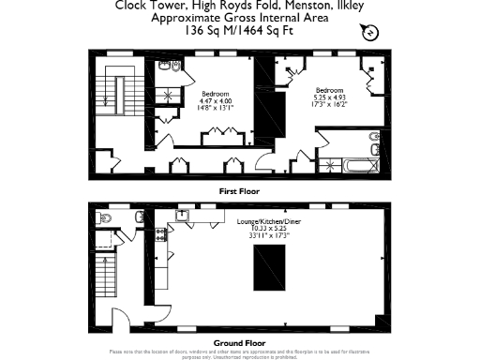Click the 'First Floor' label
pyautogui.click(x=239, y=190)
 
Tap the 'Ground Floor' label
pyautogui.click(x=239, y=343)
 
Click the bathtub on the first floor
pyautogui.click(x=357, y=167)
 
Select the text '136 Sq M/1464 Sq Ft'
pyautogui.click(x=240, y=30)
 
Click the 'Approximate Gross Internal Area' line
pyautogui.click(x=240, y=18)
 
